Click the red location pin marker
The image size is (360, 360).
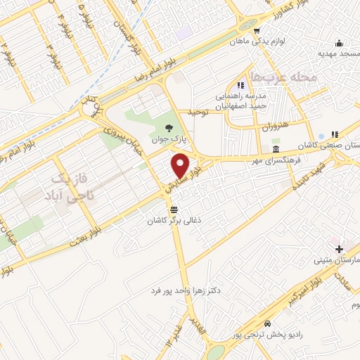tap(181, 166)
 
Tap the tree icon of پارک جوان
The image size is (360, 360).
tap(168, 128)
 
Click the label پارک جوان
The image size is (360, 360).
tap(169, 139)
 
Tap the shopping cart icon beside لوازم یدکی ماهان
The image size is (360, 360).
tap(257, 30)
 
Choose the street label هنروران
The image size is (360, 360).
tap(276, 128)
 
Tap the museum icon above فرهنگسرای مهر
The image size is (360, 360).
tap(275, 150)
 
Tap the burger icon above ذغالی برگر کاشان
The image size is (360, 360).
tap(174, 210)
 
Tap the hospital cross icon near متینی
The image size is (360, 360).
tap(339, 249)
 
